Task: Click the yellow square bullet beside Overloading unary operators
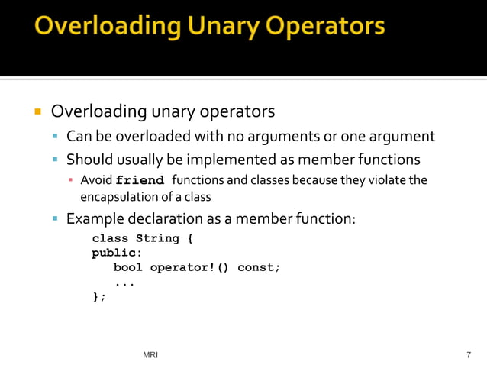pos(37,112)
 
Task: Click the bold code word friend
pos(140,181)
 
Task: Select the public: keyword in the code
pos(117,253)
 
